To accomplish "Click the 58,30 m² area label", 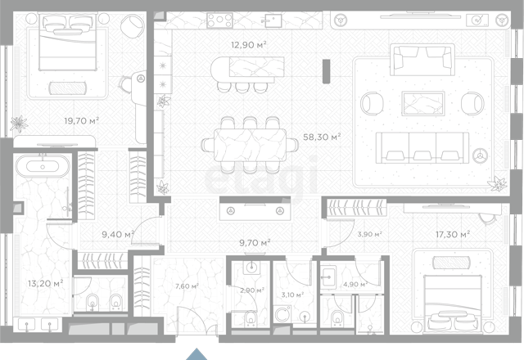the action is point(322,137).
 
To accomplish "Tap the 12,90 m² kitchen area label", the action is point(249,44).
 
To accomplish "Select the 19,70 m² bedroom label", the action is point(82,120).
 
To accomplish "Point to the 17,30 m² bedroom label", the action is point(453,234).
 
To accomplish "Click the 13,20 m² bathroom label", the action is point(46,284).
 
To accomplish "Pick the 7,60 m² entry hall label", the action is point(187,286).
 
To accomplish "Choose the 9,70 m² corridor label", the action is point(255,242).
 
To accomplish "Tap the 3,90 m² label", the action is point(369,234).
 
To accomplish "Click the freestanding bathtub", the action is point(43,166).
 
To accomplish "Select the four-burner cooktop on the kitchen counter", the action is point(219,20).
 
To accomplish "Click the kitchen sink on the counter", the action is point(273,20).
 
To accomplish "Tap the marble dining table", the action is point(250,146).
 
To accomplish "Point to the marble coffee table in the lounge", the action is point(422,104).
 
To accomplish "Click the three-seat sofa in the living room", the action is point(422,147).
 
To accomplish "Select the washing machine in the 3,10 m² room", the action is point(282,314).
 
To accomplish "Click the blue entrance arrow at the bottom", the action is point(196,354).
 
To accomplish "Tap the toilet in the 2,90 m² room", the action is point(251,318).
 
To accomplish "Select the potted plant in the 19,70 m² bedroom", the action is point(19,124).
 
